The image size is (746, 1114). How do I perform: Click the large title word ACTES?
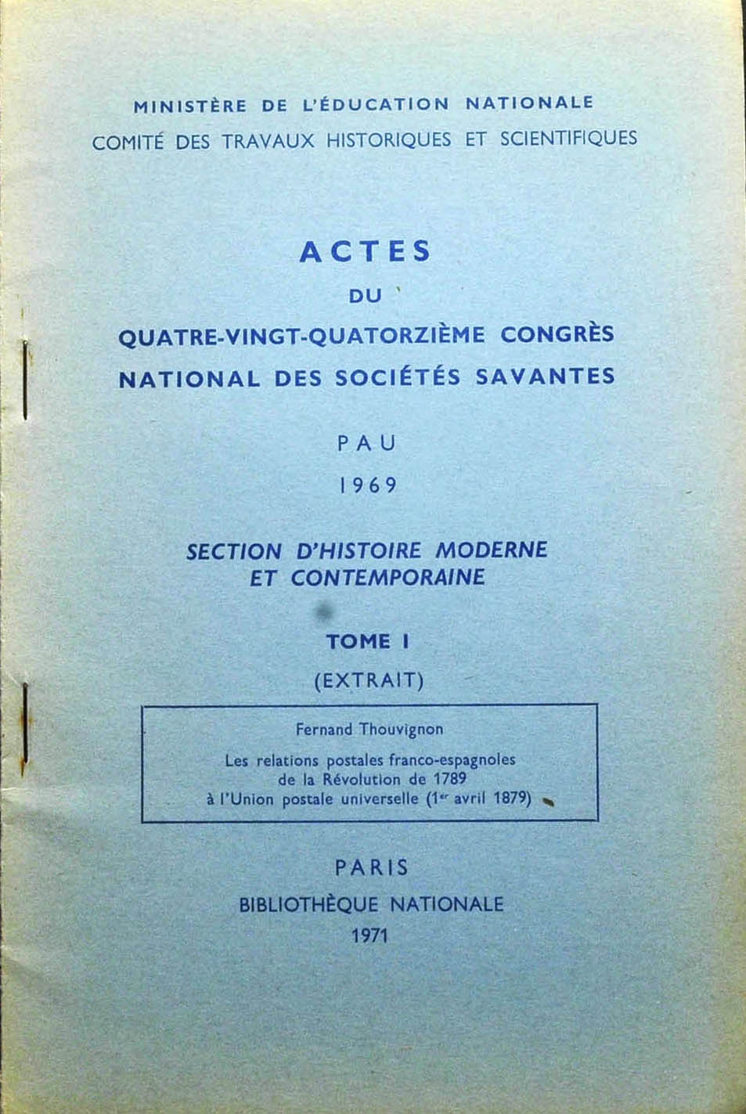point(365,251)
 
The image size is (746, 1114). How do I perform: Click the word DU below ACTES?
point(364,297)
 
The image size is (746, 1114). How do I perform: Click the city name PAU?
point(367,443)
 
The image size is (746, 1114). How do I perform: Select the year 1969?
point(368,485)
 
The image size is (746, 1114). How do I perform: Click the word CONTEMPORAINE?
point(388,578)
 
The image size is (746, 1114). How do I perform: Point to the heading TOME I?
point(368,642)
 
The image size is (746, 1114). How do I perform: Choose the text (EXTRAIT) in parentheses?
point(369,680)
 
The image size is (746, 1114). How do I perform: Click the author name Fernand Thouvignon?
point(369,729)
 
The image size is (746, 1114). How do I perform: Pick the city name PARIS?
point(372,867)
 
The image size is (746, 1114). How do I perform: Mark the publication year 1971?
point(370,935)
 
